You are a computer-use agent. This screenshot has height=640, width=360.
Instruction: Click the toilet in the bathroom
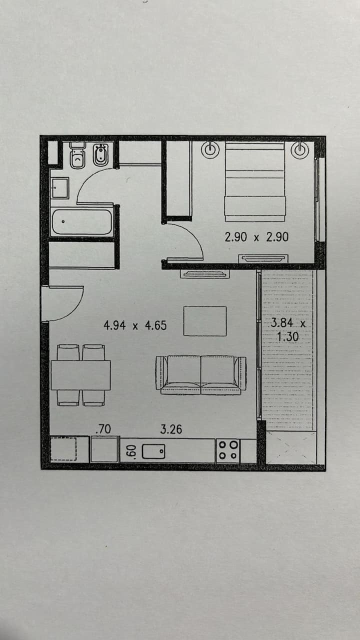coord(77,155)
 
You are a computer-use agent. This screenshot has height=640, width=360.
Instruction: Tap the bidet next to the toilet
coord(100,155)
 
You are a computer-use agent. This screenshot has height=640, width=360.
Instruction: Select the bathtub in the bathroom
coord(81,222)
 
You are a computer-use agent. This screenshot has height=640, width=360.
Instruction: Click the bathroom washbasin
coord(59,187)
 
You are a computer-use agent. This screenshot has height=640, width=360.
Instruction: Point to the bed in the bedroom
coord(255,181)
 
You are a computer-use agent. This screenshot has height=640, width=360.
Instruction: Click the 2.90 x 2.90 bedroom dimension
coord(256,237)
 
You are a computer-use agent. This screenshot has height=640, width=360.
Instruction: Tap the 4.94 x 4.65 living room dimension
coord(135,325)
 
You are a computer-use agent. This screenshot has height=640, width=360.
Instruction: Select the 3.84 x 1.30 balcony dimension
coord(288,329)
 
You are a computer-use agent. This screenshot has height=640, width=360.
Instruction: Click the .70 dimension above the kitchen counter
coord(103,429)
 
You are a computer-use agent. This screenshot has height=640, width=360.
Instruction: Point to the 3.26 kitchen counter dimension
coord(171,429)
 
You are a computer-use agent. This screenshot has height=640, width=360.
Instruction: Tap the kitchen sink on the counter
coord(153,451)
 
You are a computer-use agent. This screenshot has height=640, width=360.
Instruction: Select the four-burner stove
coord(227,450)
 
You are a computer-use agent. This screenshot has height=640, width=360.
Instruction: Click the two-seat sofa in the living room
coord(201,375)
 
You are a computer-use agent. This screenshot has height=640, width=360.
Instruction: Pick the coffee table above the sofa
coord(205,321)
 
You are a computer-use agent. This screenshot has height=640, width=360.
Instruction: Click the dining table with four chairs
coord(81,375)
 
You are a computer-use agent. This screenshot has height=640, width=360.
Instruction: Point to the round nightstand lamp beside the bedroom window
coord(299,149)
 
